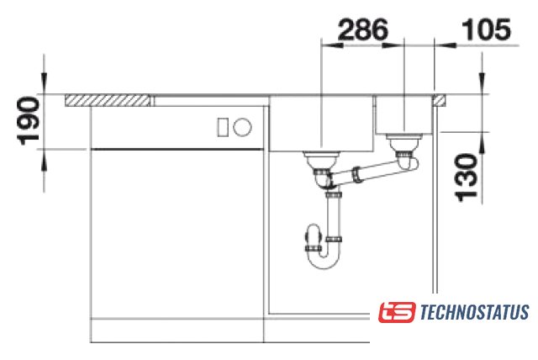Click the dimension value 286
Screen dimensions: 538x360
363,29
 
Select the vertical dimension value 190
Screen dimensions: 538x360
28,121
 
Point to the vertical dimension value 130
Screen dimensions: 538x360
466,177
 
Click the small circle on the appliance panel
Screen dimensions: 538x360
242,127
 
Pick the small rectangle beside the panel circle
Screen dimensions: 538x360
223,127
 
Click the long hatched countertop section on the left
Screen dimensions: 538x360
108,100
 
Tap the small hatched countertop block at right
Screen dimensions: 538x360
440,100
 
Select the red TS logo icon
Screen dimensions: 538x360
397,312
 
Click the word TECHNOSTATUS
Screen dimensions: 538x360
474,312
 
